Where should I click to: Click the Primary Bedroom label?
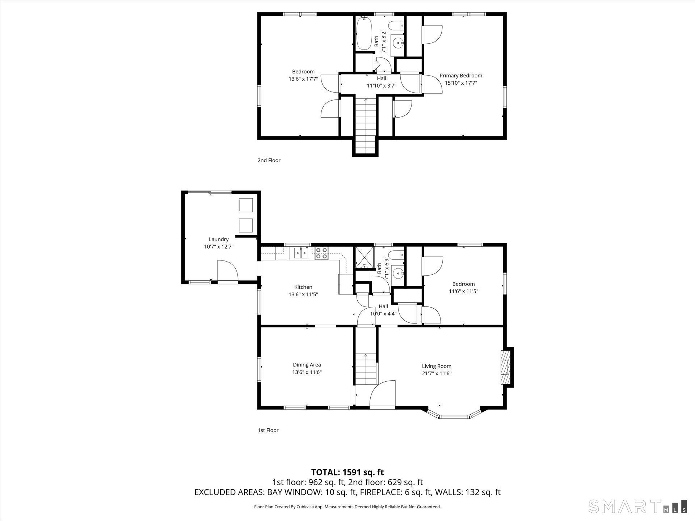461,76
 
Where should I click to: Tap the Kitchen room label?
303,287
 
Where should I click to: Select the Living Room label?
437,366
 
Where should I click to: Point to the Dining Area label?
307,365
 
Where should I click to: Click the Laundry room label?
219,239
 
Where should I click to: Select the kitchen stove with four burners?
321,253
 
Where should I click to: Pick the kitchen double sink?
301,253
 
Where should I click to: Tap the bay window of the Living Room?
454,414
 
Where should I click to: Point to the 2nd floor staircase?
366,125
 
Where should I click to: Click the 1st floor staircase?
366,369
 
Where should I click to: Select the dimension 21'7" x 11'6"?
437,374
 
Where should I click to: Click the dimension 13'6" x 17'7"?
303,79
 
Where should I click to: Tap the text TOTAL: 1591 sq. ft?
347,472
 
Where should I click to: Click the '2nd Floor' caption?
269,160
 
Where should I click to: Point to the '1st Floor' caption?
268,430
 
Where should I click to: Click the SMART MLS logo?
637,506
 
